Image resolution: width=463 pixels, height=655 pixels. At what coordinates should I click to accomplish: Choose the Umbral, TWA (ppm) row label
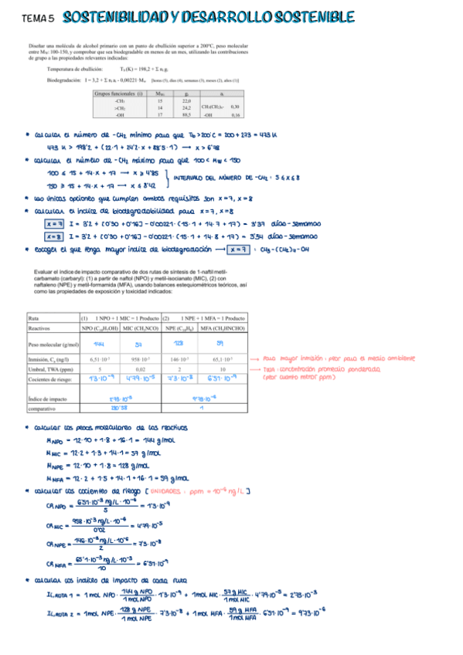[x=47, y=369]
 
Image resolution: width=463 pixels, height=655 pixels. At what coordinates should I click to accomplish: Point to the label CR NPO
[x=56, y=507]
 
